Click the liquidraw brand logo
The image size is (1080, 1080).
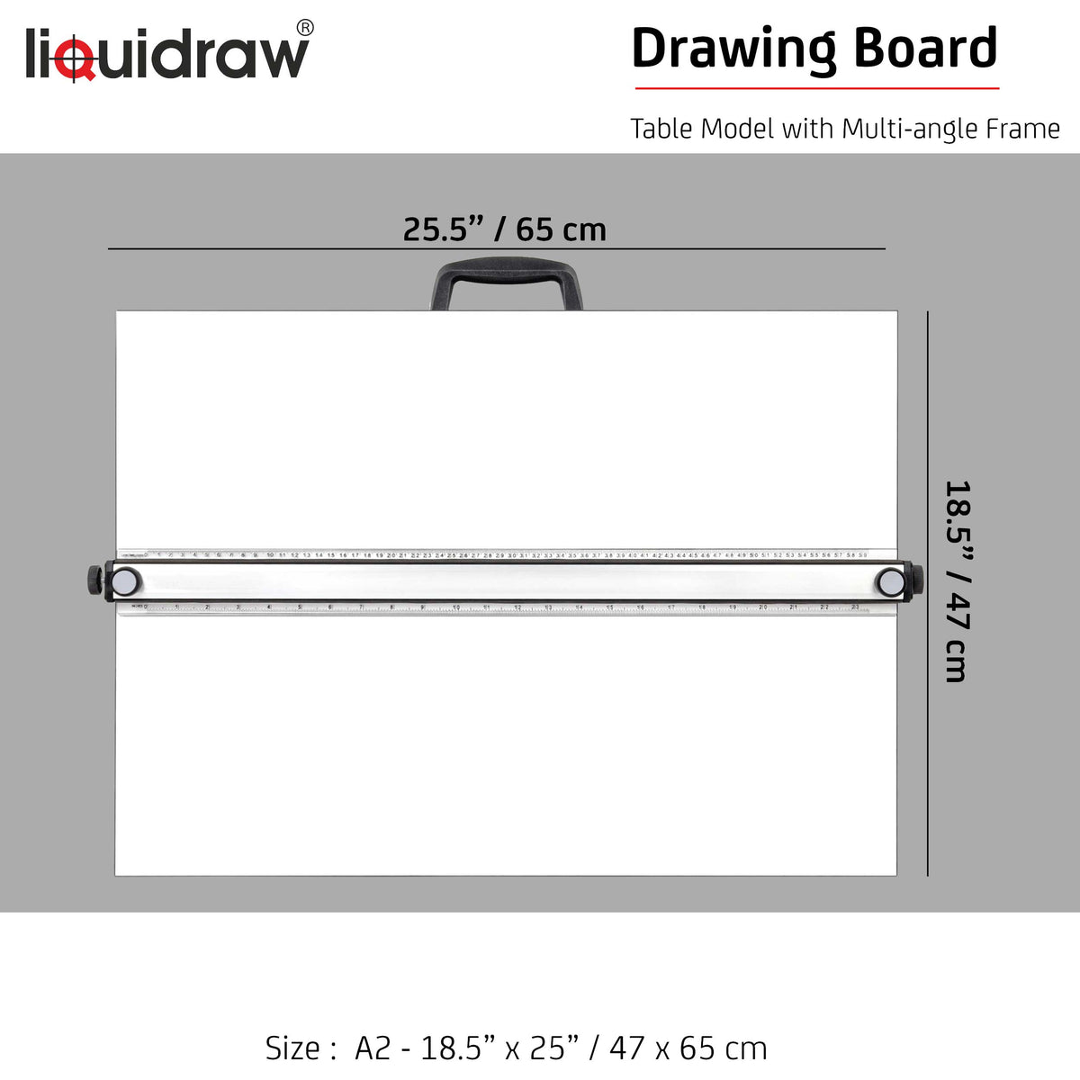(167, 54)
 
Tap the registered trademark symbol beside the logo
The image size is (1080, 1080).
(305, 28)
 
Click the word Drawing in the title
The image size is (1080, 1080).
(733, 49)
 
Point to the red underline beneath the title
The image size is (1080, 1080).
(817, 88)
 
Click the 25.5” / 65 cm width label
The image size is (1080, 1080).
(504, 229)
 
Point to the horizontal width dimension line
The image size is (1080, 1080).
(270, 248)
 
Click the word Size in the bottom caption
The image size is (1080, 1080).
(293, 1048)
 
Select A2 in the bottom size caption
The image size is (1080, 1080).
(373, 1048)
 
